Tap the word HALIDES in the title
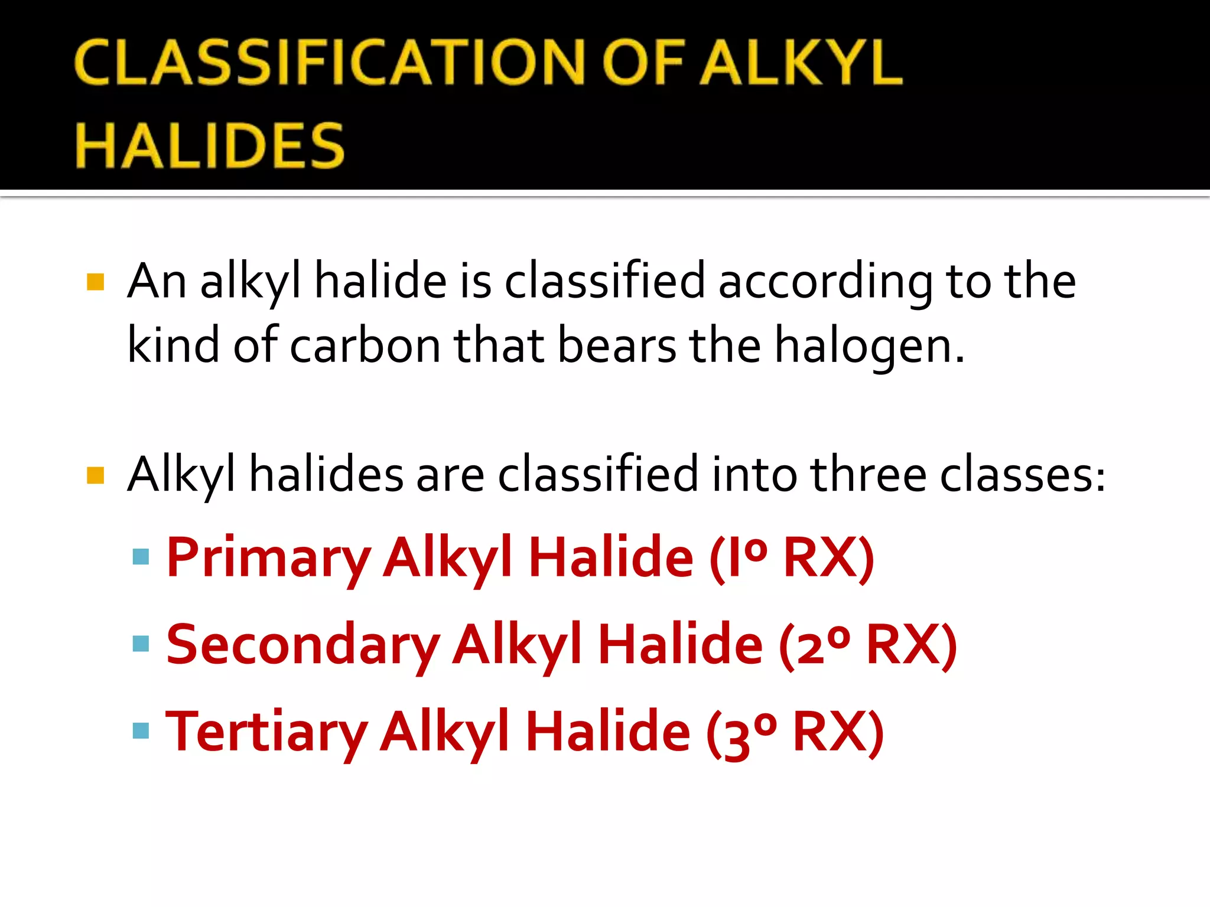[x=210, y=145]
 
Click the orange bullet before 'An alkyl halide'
[x=95, y=282]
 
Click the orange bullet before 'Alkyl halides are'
[x=95, y=475]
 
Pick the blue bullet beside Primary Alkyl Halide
[x=141, y=556]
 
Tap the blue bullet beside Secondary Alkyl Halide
[x=141, y=644]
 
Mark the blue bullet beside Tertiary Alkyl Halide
[x=141, y=731]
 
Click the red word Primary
[x=269, y=558]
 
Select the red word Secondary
[x=303, y=645]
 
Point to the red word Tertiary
[x=267, y=732]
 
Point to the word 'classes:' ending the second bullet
[x=1023, y=475]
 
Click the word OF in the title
[x=644, y=63]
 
